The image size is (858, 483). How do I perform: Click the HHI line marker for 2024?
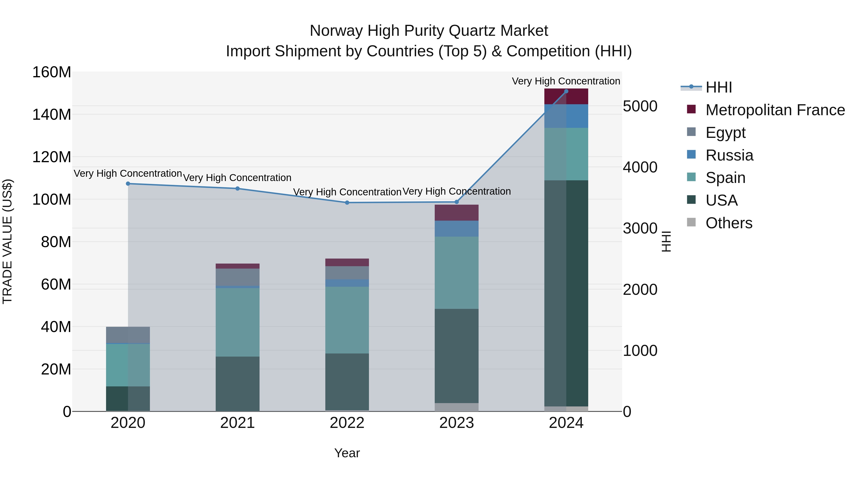point(566,91)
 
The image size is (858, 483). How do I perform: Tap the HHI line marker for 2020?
point(128,184)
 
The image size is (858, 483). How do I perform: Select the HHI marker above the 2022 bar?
point(347,203)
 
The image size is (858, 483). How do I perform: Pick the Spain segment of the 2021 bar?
point(237,322)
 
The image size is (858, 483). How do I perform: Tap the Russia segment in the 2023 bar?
point(456,229)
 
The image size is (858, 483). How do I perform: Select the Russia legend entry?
point(729,155)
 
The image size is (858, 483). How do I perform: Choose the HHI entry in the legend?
point(718,87)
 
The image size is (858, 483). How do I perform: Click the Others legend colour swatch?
point(691,222)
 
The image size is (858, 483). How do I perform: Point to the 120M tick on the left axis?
point(52,157)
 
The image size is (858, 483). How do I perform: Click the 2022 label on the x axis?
point(347,423)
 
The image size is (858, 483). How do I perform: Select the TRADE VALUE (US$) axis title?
point(8,241)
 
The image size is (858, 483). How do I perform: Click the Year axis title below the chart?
point(347,453)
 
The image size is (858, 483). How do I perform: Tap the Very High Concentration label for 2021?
point(237,178)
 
